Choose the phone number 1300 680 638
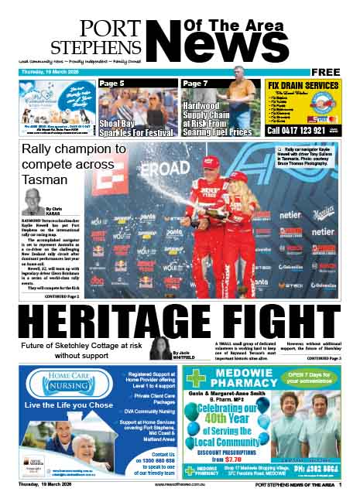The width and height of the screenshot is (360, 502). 159,459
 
